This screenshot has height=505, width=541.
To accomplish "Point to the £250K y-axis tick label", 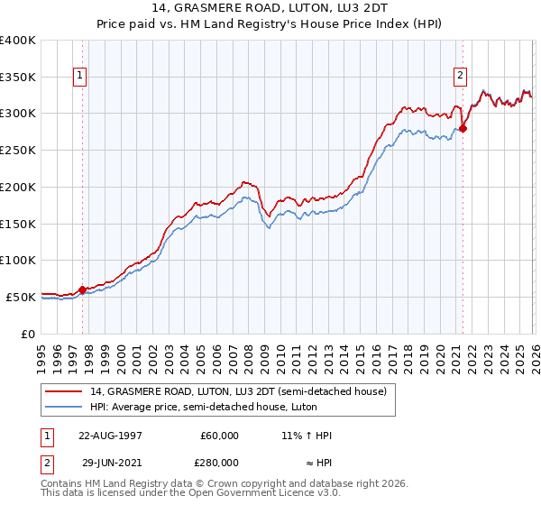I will click(18, 150).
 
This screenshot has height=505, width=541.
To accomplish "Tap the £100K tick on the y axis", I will click(18, 260).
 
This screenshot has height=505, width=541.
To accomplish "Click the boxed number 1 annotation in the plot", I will click(81, 77).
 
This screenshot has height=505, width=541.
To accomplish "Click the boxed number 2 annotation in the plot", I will click(461, 77).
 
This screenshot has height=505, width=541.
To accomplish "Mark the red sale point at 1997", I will click(82, 289).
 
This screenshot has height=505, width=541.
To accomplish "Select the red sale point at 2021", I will click(463, 129).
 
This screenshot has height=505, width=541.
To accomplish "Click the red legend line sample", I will click(64, 391).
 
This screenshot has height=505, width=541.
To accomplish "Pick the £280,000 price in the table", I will click(219, 462).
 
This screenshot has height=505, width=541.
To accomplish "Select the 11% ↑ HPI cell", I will click(307, 436).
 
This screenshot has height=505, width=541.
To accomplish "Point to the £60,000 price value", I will click(219, 436).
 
